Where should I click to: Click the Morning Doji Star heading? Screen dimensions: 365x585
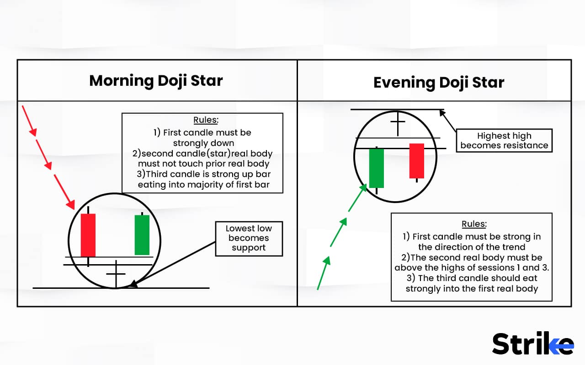click(156, 80)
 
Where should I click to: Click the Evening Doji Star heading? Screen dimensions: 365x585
click(439, 82)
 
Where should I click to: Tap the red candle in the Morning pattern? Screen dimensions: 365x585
click(88, 235)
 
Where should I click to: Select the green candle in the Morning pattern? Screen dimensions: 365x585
click(142, 235)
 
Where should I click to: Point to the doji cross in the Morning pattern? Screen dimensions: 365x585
click(116, 274)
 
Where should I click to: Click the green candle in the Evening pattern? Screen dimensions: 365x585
click(376, 167)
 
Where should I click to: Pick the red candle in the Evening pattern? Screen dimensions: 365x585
click(416, 161)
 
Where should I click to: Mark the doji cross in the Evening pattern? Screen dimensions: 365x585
click(398, 122)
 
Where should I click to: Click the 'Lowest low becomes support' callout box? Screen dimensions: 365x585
click(248, 238)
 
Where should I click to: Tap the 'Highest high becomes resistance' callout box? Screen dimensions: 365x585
click(504, 141)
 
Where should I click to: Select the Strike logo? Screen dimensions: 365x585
click(533, 344)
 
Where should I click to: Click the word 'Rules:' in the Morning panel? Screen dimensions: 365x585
click(206, 120)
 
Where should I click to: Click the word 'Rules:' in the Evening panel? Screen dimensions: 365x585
click(473, 224)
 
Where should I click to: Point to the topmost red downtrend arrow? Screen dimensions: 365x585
click(29, 120)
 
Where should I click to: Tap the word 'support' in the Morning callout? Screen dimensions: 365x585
click(248, 248)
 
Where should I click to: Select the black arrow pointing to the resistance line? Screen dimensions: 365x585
click(450, 121)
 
